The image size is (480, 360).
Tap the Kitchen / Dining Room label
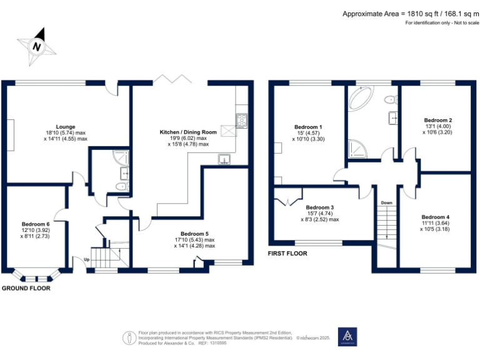pyautogui.click(x=188, y=132)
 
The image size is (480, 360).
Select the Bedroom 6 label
pyautogui.click(x=36, y=224)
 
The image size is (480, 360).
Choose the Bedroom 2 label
pyautogui.click(x=437, y=120)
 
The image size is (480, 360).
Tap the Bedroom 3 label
pyautogui.click(x=319, y=207)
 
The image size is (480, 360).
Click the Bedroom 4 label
pyautogui.click(x=436, y=217)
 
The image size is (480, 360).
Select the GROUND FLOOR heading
pyautogui.click(x=26, y=288)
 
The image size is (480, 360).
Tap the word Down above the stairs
pyautogui.click(x=386, y=202)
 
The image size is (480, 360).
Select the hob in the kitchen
pyautogui.click(x=241, y=119)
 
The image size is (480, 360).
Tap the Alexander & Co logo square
pyautogui.click(x=347, y=336)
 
